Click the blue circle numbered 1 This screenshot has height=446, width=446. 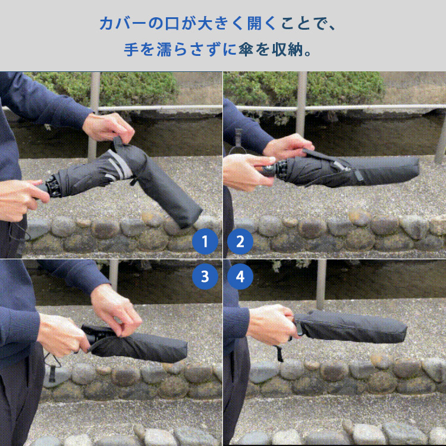[x=206, y=242]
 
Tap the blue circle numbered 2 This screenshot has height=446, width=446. [x=240, y=242]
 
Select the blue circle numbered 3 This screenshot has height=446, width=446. [x=206, y=277]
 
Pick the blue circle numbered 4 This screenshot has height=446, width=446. [x=240, y=277]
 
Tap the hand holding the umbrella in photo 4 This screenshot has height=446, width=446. [x=271, y=324]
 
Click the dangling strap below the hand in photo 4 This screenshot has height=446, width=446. [x=278, y=354]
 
